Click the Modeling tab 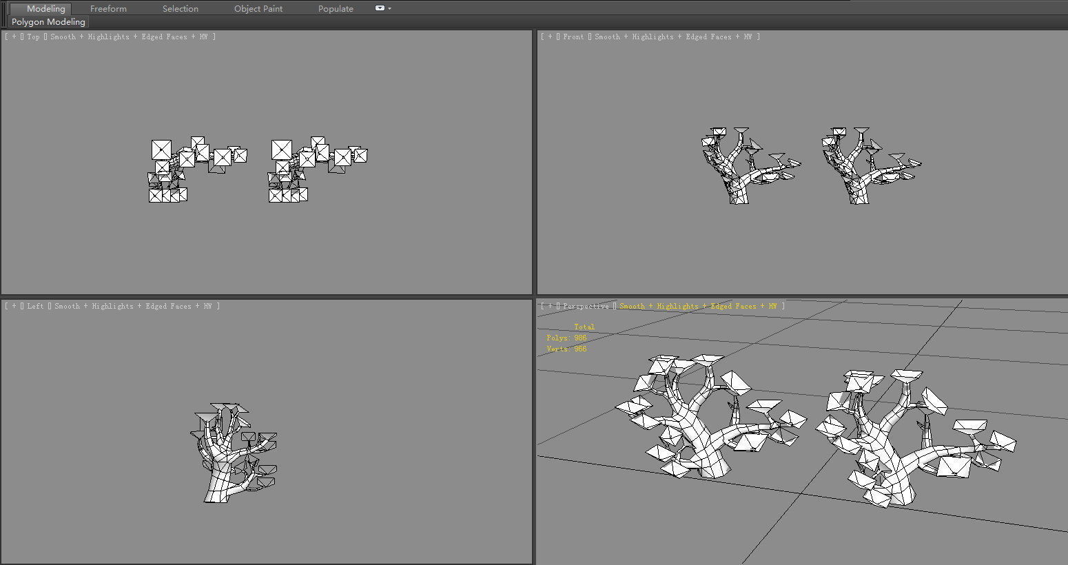pos(45,9)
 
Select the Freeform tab pos(108,9)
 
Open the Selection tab pos(180,9)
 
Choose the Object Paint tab pos(258,9)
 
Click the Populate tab pos(336,9)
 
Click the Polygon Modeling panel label pos(48,22)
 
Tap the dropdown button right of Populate pos(382,8)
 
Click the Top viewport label pos(33,37)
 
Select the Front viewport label pos(573,37)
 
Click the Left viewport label pos(35,307)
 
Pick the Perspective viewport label pos(586,307)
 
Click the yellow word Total pos(584,327)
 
